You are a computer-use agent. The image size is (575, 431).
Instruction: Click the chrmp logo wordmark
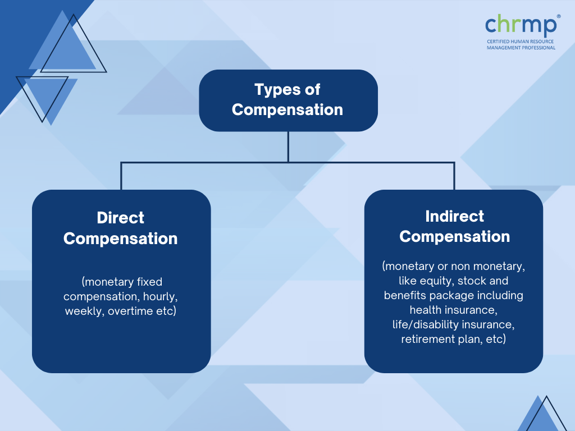tap(521, 25)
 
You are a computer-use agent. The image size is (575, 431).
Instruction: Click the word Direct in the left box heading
tap(120, 218)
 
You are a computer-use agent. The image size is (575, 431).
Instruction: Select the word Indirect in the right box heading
tap(454, 216)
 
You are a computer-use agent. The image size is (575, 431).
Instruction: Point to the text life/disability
tap(426, 324)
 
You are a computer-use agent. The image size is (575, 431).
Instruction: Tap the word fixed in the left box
tap(149, 282)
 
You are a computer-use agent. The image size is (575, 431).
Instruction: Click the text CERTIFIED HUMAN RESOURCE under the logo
tap(520, 42)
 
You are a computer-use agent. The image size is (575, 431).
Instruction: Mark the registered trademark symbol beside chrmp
tap(559, 16)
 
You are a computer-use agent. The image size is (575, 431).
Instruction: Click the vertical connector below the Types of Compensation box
tap(288, 146)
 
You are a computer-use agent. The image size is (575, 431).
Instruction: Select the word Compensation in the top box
tap(287, 110)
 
